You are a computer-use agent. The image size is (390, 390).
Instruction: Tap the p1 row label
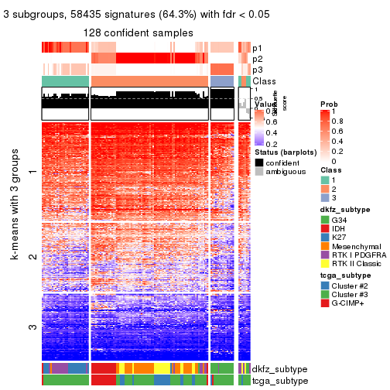(x=258, y=48)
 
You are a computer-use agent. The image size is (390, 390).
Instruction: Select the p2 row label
(x=258, y=59)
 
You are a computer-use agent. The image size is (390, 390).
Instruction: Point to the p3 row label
(x=258, y=70)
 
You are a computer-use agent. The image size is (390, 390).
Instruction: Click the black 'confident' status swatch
(x=259, y=162)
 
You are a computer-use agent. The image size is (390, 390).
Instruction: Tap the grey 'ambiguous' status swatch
(x=259, y=172)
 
